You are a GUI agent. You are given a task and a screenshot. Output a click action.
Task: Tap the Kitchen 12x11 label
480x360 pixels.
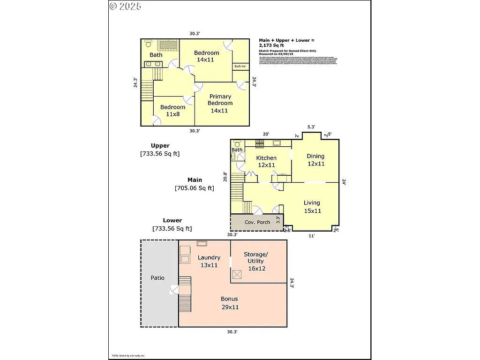266,161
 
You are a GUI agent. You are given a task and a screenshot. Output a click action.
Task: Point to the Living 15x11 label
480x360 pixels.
312,207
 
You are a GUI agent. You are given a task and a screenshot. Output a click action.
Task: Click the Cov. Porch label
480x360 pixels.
257,222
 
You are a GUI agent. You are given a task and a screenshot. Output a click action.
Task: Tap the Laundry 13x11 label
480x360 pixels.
209,261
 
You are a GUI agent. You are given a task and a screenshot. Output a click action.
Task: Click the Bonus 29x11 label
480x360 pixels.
230,303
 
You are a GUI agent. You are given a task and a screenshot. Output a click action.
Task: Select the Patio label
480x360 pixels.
157,278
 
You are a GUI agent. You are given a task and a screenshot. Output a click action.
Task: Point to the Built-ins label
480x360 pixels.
240,67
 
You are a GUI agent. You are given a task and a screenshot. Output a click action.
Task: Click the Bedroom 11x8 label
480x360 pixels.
172,111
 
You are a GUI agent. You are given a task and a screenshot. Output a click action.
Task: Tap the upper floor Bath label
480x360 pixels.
156,55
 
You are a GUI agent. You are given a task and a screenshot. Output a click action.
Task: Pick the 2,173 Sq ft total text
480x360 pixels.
271,45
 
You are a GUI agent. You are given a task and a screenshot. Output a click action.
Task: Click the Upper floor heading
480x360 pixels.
160,146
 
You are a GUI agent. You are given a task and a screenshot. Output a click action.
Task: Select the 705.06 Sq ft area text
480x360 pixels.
195,188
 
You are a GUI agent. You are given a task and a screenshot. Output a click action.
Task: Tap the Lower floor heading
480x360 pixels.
172,220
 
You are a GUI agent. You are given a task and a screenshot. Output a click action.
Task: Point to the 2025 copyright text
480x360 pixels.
126,6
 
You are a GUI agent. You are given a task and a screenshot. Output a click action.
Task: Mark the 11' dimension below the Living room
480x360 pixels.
312,236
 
